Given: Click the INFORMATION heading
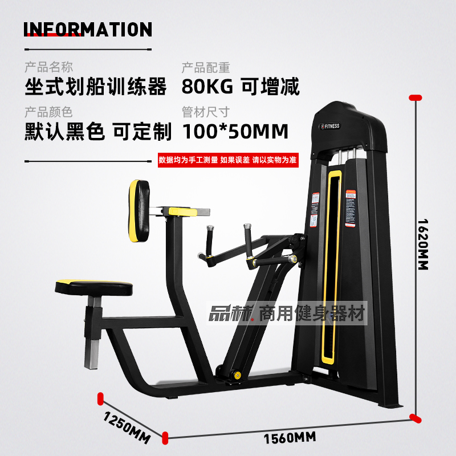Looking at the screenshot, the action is (88, 30).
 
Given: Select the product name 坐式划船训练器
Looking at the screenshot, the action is (96, 87).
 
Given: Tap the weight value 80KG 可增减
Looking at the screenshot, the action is (240, 87).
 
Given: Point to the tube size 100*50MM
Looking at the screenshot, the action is (235, 132).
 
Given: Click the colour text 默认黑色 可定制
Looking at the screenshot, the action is (98, 132).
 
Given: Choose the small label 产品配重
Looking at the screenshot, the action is (206, 68).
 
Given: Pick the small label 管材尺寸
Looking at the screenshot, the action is (206, 112).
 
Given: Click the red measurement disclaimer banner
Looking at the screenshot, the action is (228, 160).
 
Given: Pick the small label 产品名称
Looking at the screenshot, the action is (48, 68).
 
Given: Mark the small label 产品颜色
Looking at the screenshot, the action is (48, 112).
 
